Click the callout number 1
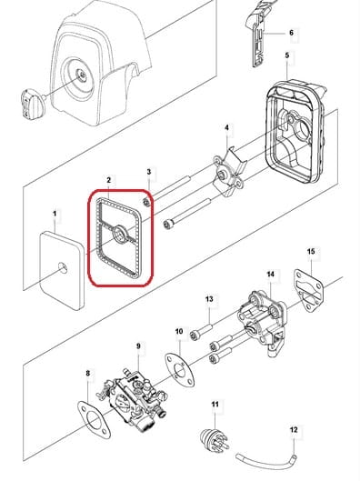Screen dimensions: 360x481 55,214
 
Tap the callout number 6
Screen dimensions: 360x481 291,33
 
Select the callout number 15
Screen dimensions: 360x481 311,252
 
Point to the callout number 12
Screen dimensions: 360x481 294,429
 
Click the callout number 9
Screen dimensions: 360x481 138,346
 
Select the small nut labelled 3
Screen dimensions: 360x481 146,202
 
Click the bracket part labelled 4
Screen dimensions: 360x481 230,174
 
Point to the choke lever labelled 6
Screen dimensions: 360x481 257,36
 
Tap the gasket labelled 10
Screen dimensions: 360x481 180,370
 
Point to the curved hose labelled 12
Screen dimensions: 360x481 266,461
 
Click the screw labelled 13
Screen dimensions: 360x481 201,331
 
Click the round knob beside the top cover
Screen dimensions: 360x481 32,104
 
